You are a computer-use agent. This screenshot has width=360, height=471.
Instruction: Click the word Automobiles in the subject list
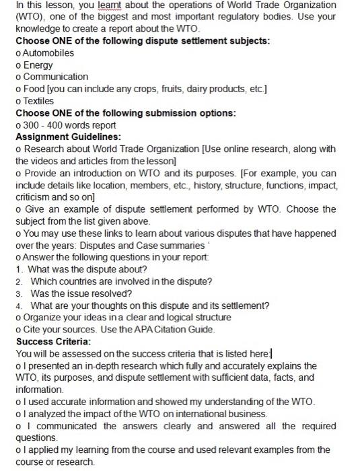[x=48, y=52]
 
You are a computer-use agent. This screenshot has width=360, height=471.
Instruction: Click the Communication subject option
[x=56, y=77]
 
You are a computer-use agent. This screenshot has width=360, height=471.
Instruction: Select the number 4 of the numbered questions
[x=19, y=305]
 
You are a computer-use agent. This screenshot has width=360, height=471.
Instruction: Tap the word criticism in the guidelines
[x=35, y=197]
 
